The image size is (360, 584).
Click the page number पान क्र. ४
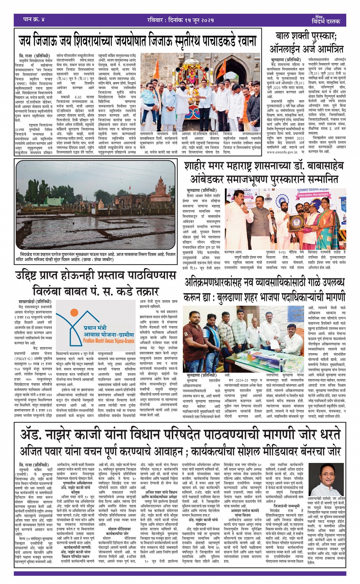click(34, 19)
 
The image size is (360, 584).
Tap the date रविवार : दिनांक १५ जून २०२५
click(181, 20)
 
